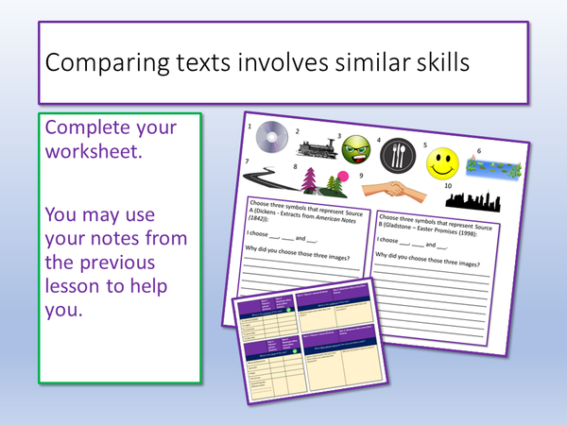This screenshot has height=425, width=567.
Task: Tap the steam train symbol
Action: tap(319, 145)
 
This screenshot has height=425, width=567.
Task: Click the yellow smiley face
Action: tap(442, 162)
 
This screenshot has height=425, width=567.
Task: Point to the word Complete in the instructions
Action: tap(92, 127)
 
